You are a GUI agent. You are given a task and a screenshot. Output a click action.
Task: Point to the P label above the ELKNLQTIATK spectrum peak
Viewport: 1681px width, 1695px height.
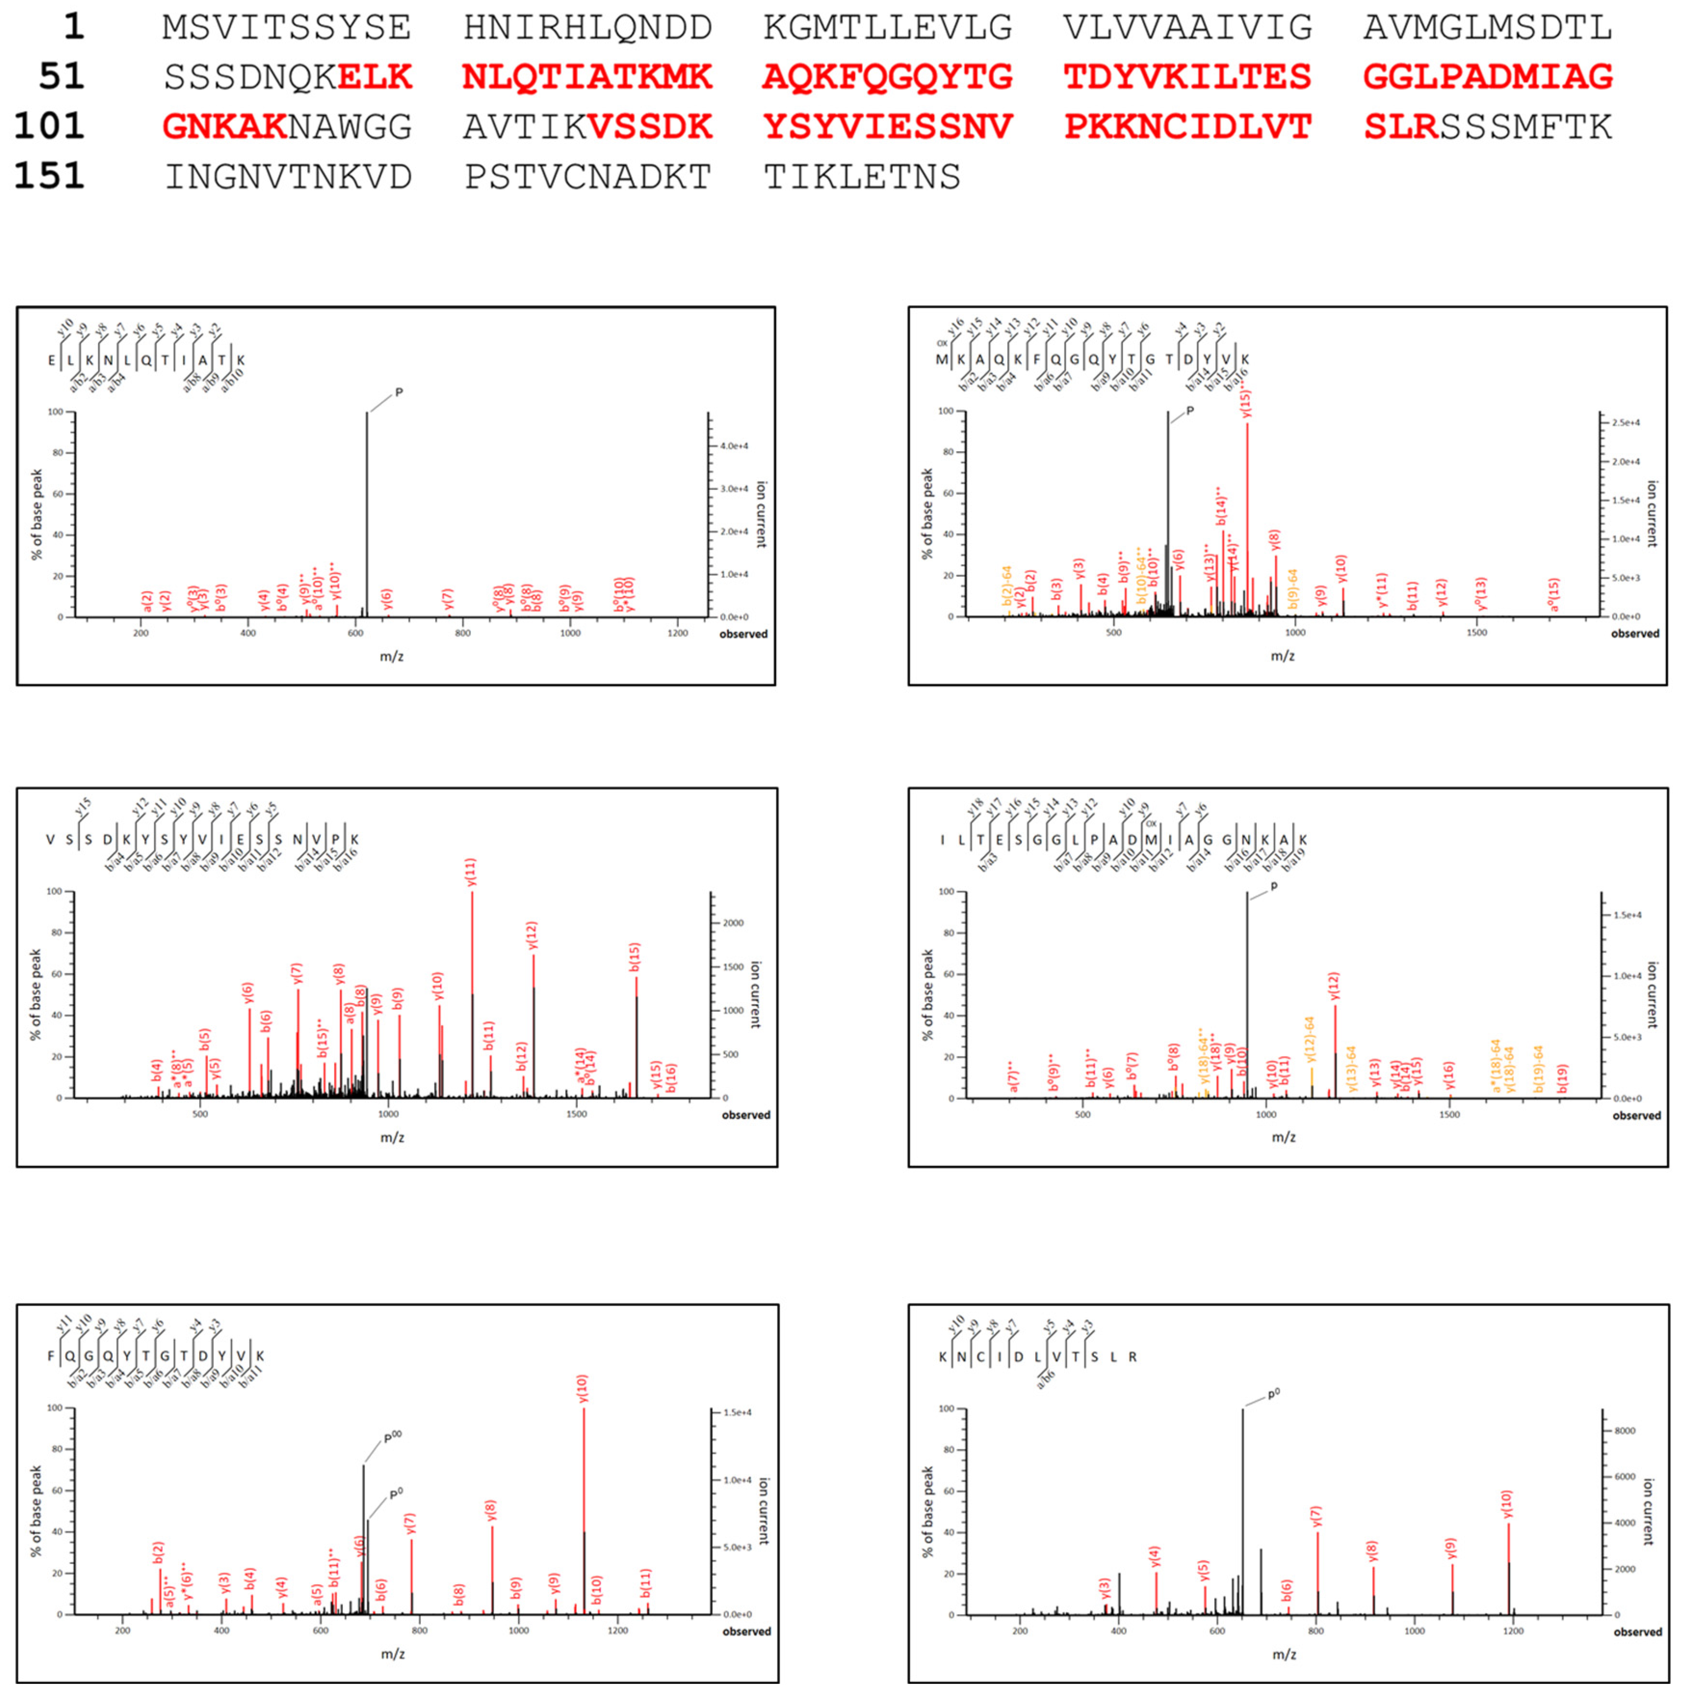tap(399, 392)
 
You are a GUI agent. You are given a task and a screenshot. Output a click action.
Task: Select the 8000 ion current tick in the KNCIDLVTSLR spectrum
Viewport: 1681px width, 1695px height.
tap(1624, 1431)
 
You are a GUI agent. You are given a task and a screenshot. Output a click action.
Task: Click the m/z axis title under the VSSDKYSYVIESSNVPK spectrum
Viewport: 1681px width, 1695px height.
tap(392, 1137)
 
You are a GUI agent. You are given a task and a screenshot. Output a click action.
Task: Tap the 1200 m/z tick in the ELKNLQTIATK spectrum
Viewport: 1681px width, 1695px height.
tap(677, 633)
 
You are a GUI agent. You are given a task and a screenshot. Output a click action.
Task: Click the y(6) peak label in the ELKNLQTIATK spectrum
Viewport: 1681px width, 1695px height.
tap(387, 599)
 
